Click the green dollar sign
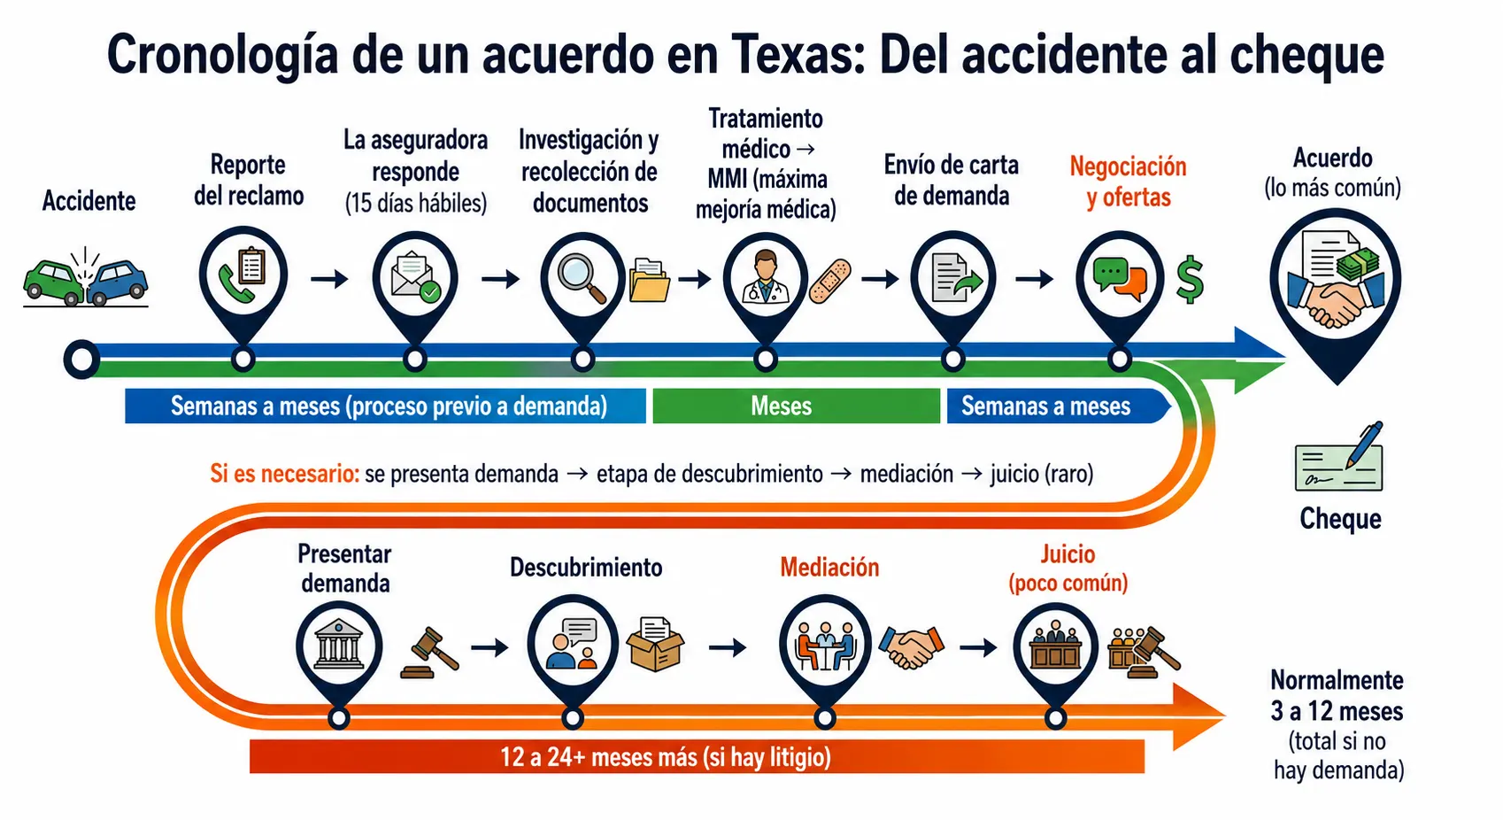1190,279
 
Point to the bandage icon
830,282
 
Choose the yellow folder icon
649,280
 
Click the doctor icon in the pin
765,276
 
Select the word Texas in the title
798,55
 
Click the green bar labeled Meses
796,406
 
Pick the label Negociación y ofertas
1128,182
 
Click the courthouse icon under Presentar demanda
339,644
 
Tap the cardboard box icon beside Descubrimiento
655,644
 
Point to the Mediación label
829,568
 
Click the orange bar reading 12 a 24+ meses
697,757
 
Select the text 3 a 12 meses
1337,711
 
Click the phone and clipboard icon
243,275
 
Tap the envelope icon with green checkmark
415,276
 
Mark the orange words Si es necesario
284,474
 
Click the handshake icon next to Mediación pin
911,646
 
